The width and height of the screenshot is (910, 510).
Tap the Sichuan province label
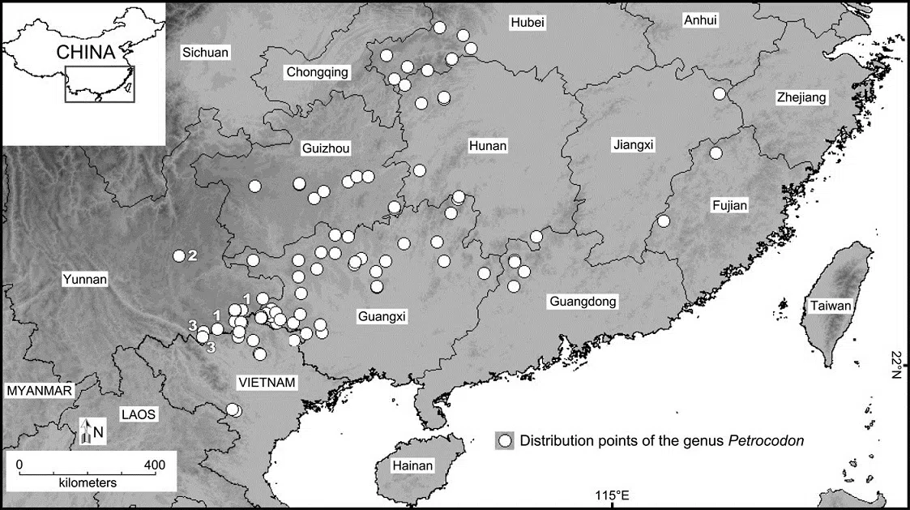205,53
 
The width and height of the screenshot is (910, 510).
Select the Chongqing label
317,72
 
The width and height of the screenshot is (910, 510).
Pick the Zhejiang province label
801,97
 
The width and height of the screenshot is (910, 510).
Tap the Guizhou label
325,149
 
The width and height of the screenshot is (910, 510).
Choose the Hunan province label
488,146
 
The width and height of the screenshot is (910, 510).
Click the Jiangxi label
634,145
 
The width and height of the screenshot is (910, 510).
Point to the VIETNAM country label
267,382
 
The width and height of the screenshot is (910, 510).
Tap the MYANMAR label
40,390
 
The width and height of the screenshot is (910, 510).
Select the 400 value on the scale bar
154,465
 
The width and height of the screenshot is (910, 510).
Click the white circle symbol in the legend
506,441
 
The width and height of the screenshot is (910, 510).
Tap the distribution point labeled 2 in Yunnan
179,255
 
